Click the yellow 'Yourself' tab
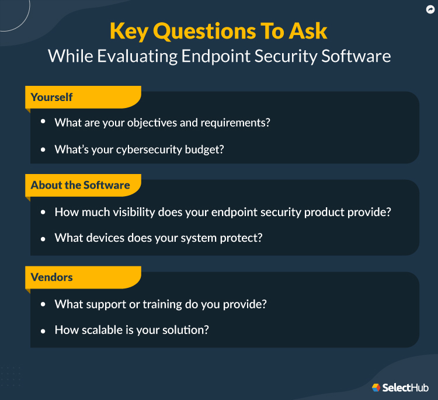click(x=53, y=97)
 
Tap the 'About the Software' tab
click(x=81, y=185)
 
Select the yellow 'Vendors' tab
click(x=53, y=277)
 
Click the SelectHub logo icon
click(x=376, y=387)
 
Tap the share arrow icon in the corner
click(x=430, y=9)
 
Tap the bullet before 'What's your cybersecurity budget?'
click(x=43, y=150)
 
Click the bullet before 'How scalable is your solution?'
click(x=43, y=331)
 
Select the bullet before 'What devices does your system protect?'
click(x=43, y=238)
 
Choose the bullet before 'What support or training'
click(x=43, y=304)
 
